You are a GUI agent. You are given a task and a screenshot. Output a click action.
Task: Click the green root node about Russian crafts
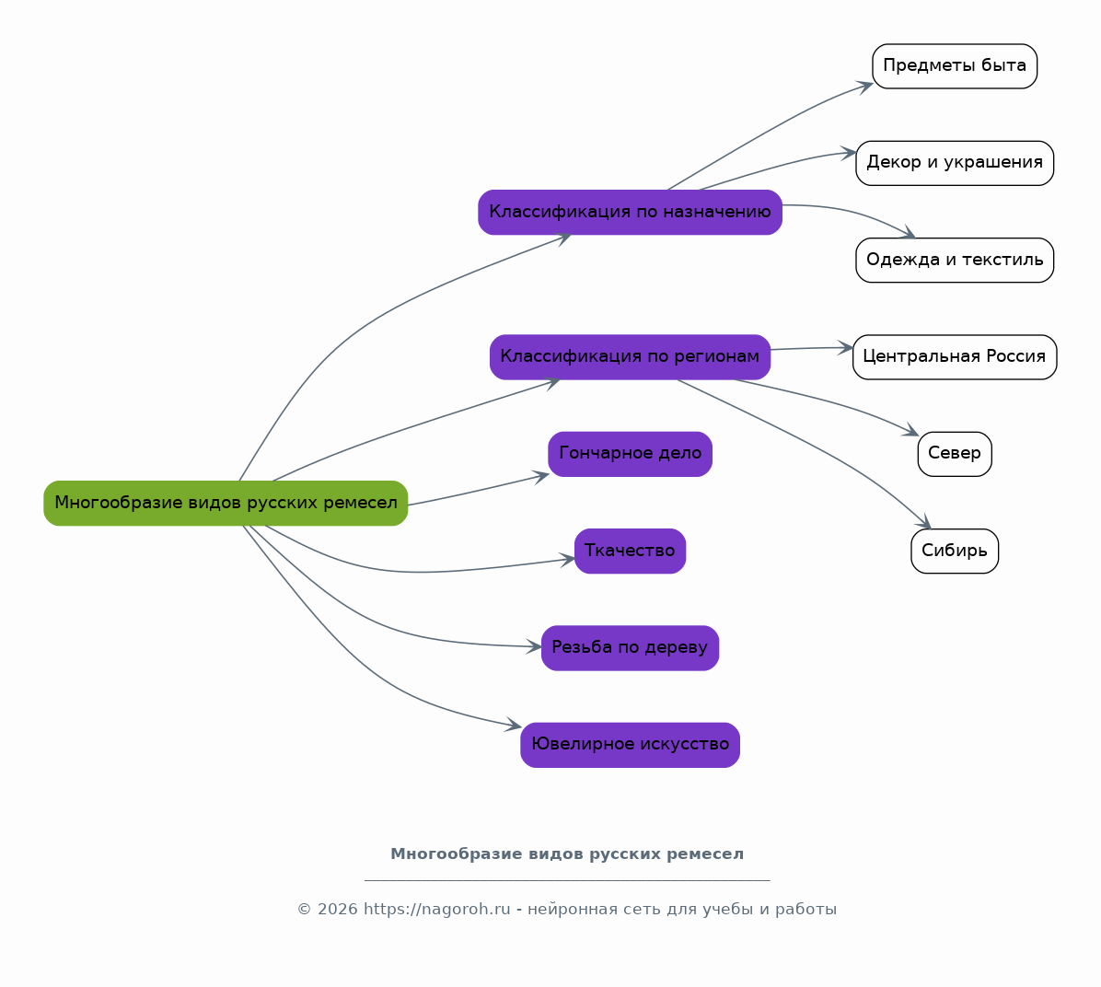(x=226, y=503)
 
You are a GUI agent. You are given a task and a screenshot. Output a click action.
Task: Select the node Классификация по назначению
(x=630, y=212)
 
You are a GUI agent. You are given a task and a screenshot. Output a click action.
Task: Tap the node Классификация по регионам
(x=630, y=357)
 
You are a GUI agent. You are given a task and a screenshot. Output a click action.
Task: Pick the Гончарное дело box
(x=630, y=454)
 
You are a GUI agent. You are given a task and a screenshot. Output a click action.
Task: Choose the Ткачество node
(x=630, y=551)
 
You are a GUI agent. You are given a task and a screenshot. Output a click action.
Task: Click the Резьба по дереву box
(x=630, y=647)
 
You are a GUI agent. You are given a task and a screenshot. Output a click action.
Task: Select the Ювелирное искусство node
(x=630, y=745)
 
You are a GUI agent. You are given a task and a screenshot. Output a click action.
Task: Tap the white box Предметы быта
(x=955, y=66)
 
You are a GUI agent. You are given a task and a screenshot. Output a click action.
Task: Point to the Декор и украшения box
(x=955, y=163)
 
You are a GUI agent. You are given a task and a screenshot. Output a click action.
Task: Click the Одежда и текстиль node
(x=955, y=260)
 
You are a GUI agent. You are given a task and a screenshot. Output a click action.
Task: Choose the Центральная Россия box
(x=955, y=357)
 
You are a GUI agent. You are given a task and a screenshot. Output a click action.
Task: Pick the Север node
(x=955, y=454)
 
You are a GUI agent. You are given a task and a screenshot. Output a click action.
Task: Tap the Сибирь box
(x=955, y=551)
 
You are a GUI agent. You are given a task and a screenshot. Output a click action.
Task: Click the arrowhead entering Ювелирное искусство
(x=514, y=726)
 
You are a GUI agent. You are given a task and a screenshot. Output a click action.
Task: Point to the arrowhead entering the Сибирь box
(x=925, y=522)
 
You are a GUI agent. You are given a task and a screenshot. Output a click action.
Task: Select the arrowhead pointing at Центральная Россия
(x=845, y=347)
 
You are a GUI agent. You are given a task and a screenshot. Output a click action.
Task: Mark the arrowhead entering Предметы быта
(x=865, y=86)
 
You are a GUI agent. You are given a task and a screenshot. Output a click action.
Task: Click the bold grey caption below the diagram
(x=567, y=854)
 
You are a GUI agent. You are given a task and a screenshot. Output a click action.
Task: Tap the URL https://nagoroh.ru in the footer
(x=436, y=909)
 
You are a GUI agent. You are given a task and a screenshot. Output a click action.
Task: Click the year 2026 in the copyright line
(x=337, y=909)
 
